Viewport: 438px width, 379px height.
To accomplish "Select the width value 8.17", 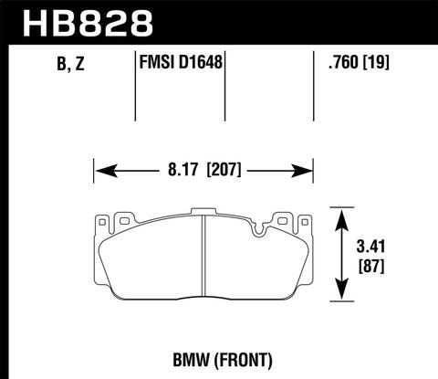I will coord(181,170).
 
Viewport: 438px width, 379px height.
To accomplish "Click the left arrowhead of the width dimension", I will coord(103,170).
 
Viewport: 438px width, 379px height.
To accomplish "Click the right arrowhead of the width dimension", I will coord(306,170).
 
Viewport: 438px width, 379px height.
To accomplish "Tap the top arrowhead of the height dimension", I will coord(343,218).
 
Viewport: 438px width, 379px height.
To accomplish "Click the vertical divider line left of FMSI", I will coord(135,91).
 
